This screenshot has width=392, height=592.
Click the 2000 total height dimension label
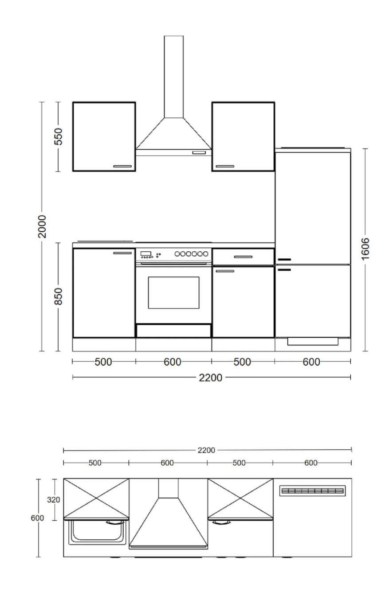[42, 226]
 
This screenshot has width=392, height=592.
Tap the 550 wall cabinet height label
[59, 136]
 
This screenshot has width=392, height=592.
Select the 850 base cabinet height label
[59, 296]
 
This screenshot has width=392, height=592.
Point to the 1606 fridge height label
[365, 249]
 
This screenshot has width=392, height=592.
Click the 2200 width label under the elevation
[211, 378]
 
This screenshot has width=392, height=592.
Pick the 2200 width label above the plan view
[206, 450]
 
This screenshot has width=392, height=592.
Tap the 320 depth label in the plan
[53, 500]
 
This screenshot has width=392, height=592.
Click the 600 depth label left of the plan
[37, 518]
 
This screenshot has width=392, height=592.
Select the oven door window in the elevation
[173, 292]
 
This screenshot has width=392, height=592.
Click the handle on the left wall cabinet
[122, 166]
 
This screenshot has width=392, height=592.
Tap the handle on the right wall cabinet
[225, 166]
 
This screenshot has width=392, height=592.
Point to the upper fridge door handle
[284, 260]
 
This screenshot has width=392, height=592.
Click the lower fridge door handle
[284, 270]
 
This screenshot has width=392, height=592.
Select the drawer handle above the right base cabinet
[243, 257]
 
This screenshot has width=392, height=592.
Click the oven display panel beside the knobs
[146, 254]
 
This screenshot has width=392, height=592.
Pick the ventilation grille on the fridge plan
[312, 491]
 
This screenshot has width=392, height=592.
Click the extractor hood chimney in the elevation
[174, 77]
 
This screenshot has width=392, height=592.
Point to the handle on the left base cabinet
[122, 253]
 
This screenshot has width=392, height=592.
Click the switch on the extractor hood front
[199, 152]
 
